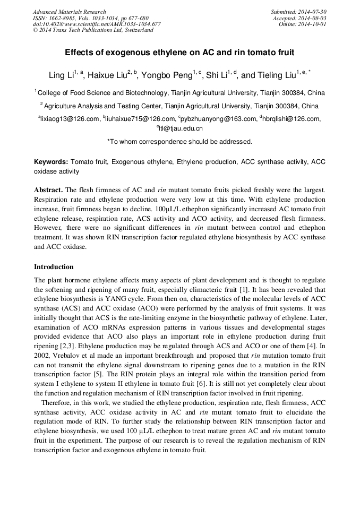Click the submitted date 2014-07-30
312,12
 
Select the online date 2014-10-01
312,24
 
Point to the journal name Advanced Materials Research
69,12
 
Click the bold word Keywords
51,161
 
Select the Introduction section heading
54,267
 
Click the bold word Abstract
48,189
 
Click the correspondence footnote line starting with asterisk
179,142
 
